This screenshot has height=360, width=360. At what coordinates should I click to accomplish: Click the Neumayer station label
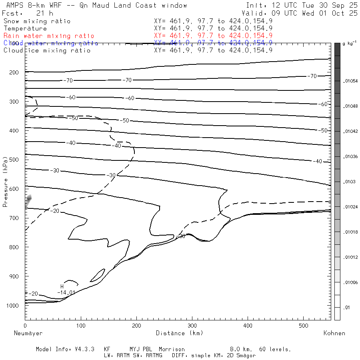[28, 333]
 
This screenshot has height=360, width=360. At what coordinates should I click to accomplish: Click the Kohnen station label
[334, 333]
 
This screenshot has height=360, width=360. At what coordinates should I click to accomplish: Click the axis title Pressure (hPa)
[5, 187]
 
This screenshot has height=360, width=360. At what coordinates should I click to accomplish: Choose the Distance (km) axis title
[179, 333]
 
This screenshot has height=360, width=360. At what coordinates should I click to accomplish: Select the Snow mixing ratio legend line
[37, 21]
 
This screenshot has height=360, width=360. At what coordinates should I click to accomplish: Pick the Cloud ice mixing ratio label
[47, 50]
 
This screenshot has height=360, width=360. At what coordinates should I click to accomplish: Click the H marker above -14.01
[62, 286]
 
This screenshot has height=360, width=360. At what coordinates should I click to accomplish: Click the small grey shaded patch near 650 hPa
[28, 200]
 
